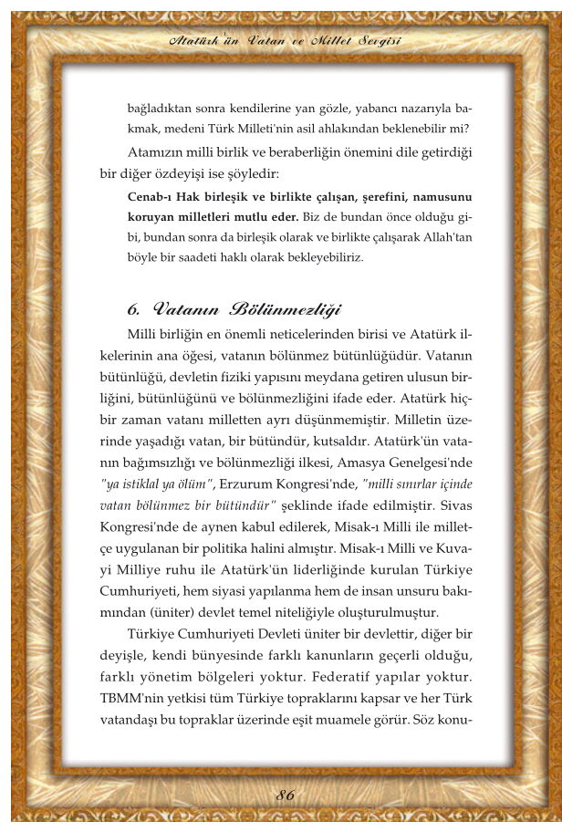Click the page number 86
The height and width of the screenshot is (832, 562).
point(286,796)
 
